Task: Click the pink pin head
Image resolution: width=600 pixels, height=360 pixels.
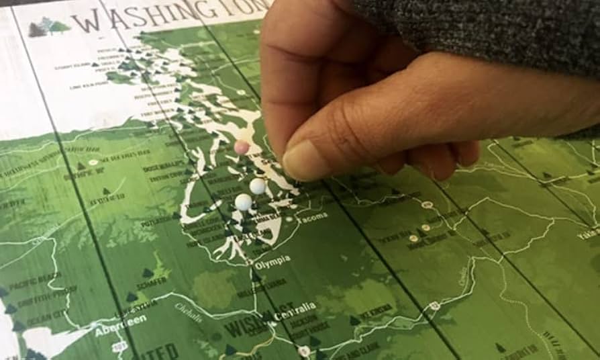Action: coord(242,147)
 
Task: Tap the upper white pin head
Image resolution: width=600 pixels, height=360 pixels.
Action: coord(258,186)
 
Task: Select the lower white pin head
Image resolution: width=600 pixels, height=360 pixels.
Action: coord(244,201)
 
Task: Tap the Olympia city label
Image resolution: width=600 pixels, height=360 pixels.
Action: coord(272,259)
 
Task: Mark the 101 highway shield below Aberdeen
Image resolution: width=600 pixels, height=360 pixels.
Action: coord(120,347)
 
